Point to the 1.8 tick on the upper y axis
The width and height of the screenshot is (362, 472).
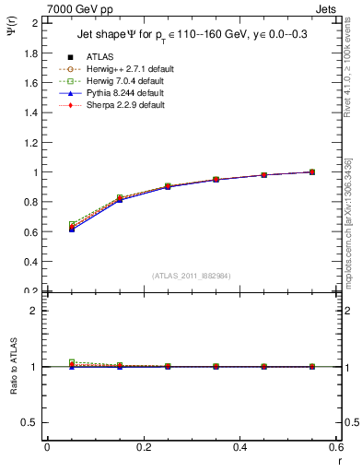point(30,53)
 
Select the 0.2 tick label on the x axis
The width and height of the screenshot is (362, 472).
point(144,447)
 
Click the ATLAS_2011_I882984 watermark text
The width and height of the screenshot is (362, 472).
point(192,276)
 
